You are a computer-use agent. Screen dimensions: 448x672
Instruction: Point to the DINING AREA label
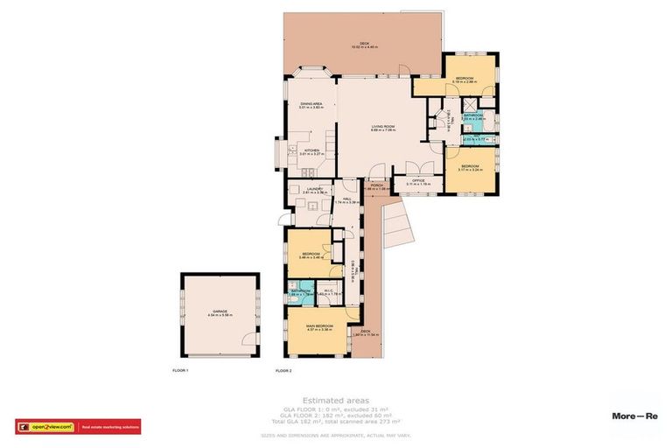click(x=311, y=104)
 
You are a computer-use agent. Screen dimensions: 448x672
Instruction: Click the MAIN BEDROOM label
click(x=318, y=327)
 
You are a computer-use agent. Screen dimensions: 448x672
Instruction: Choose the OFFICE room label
click(x=419, y=180)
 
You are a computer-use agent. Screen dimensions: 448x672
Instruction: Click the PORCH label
click(x=376, y=185)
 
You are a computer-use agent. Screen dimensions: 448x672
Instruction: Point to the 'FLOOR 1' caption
click(x=180, y=371)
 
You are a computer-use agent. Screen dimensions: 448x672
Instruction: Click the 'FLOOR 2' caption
click(x=283, y=371)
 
